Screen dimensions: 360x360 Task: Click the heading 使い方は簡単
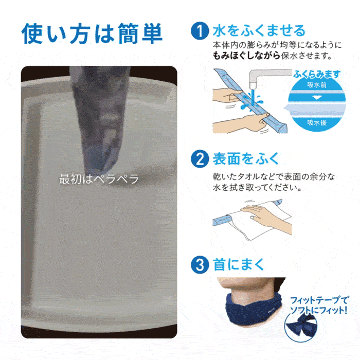(92, 33)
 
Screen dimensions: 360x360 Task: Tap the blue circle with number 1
(200, 31)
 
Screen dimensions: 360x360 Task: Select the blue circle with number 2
(200, 159)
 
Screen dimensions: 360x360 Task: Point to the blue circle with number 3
(200, 265)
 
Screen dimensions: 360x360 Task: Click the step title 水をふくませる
(259, 31)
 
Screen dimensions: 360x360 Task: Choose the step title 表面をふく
(246, 158)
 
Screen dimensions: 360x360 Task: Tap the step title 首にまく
(238, 264)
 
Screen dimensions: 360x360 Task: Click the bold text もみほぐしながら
(246, 56)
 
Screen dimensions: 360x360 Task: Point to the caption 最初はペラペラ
(99, 179)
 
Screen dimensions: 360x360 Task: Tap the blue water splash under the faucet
(252, 101)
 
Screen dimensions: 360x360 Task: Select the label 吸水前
(317, 85)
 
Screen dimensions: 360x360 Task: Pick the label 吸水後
(317, 122)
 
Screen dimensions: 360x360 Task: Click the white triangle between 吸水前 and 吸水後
(317, 98)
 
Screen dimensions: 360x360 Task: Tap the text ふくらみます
(317, 74)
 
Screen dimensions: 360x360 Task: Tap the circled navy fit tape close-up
(301, 326)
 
